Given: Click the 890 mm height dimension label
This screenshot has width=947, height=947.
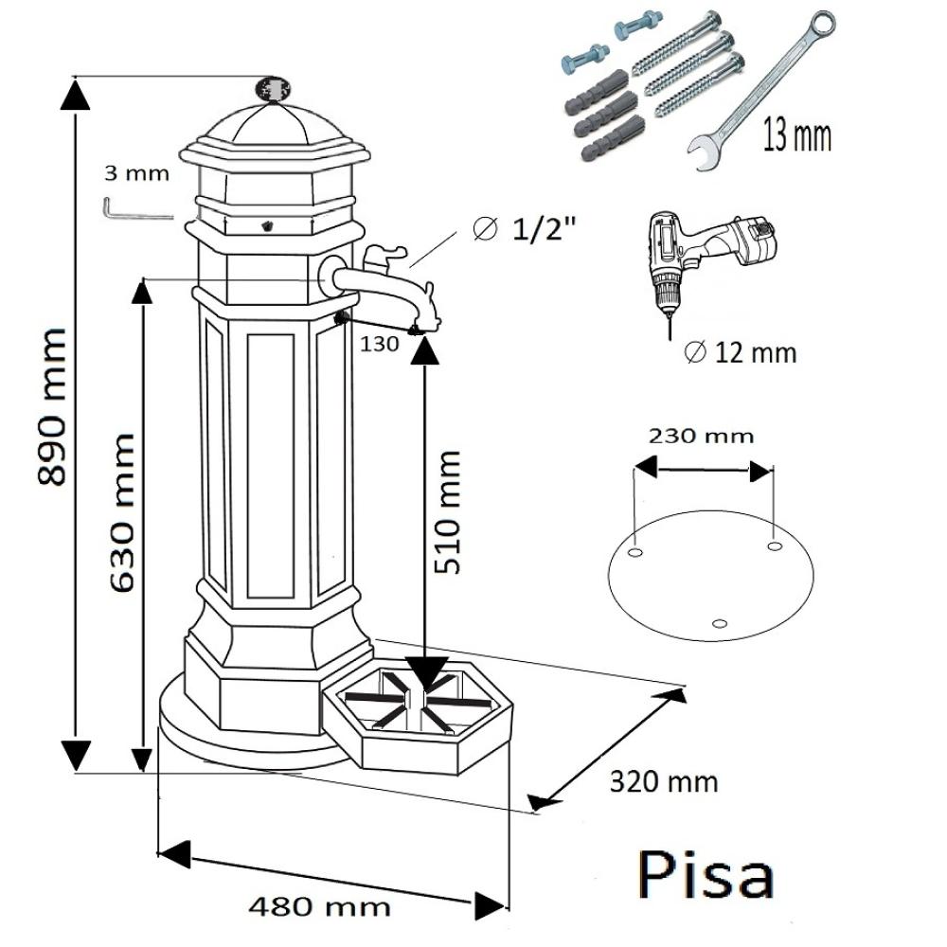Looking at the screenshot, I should click(x=53, y=407).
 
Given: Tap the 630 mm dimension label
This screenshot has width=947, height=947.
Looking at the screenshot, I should click(x=122, y=512).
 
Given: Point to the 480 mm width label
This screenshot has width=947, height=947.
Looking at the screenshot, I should click(x=319, y=906).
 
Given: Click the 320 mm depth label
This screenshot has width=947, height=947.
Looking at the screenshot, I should click(x=663, y=782).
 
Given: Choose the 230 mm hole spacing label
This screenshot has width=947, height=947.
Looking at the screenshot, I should click(x=701, y=436).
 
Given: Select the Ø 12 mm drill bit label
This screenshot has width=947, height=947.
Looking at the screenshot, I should click(x=740, y=353).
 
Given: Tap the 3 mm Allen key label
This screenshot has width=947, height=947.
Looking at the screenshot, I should click(x=137, y=173).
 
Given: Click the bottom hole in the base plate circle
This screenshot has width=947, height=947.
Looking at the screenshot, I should click(x=720, y=622).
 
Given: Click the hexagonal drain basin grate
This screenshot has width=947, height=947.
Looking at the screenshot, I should click(x=417, y=706).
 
